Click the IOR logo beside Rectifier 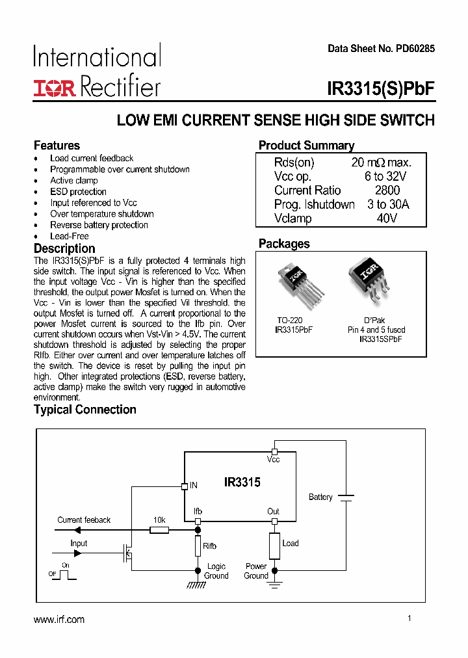(55, 88)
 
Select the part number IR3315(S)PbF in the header (381, 89)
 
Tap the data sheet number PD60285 (381, 49)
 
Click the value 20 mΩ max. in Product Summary (381, 163)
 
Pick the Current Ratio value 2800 (387, 191)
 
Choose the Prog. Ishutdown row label (315, 205)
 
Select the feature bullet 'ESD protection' (78, 192)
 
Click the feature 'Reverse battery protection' (99, 225)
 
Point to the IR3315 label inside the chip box (242, 482)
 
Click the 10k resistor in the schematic (159, 531)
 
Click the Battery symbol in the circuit (346, 497)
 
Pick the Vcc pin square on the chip (274, 451)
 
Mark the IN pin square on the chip (184, 486)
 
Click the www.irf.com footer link (59, 620)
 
